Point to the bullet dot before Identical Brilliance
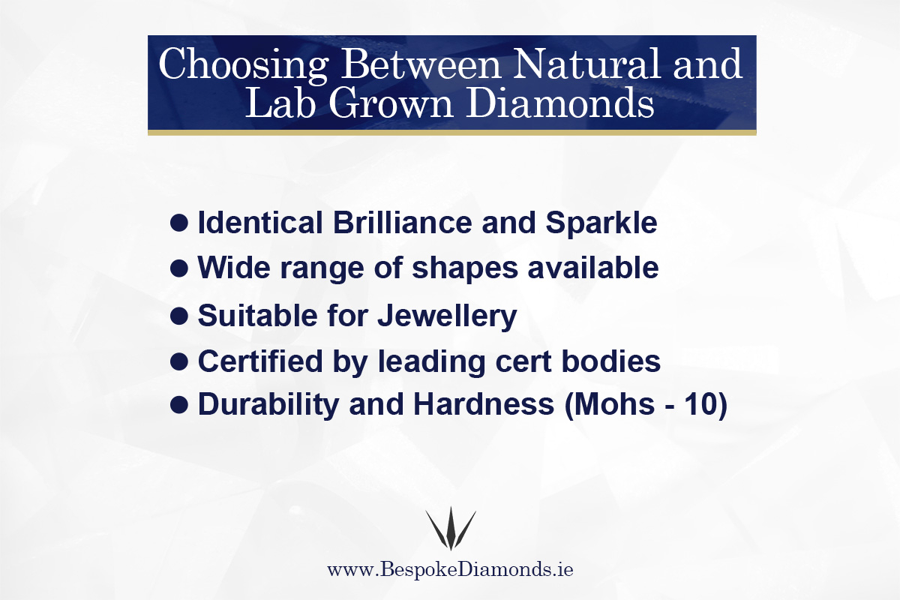point(178,223)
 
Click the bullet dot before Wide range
point(178,268)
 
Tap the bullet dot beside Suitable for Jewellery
point(178,316)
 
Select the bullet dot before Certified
point(178,361)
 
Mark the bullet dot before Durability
point(178,405)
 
